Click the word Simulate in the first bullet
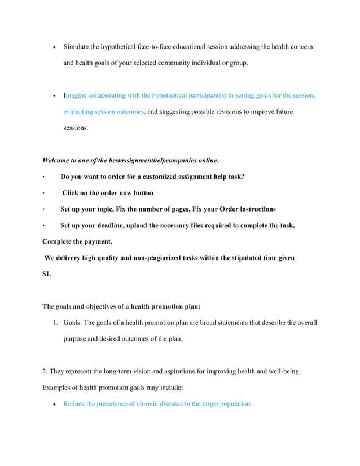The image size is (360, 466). (77, 45)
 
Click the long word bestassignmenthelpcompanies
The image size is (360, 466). (153, 160)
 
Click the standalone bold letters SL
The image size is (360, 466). (47, 274)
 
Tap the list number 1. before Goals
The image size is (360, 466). (56, 323)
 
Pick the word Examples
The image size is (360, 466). (57, 388)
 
